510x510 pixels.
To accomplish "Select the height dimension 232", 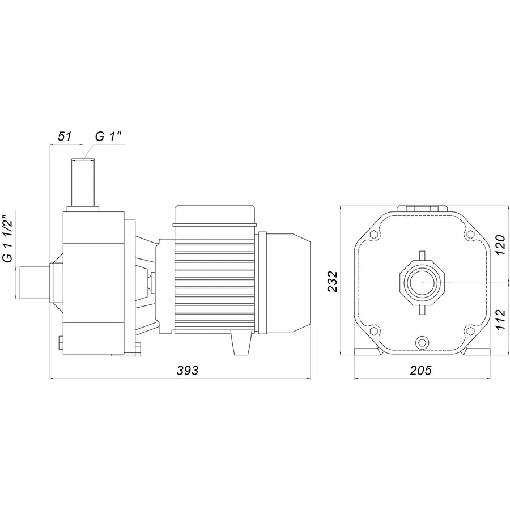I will click(333, 280).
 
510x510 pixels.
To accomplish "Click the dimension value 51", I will click(64, 137).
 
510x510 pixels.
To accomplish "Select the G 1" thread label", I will click(108, 137).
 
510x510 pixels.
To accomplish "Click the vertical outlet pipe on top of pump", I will click(82, 182).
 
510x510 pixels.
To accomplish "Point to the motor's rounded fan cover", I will click(289, 280).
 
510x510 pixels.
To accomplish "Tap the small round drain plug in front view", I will click(422, 342).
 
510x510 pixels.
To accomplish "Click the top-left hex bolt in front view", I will click(373, 235).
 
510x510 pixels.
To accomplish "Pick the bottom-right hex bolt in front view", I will click(470, 330).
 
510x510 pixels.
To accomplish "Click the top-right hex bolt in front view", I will click(470, 235).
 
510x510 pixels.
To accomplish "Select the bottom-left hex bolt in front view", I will click(373, 330).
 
